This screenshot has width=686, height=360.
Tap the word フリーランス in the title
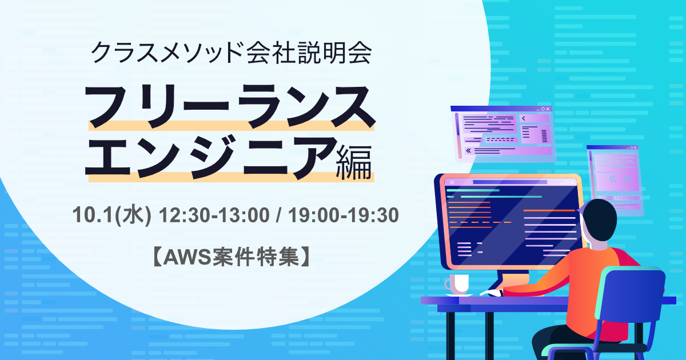(230, 106)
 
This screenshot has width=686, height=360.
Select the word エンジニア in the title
(212, 157)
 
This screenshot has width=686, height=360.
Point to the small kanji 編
(354, 162)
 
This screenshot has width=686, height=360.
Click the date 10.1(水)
(112, 215)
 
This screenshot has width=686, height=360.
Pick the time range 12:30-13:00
(214, 215)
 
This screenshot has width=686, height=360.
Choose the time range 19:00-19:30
(344, 215)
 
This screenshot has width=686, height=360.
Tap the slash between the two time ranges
(279, 215)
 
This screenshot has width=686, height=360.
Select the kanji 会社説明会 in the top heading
(309, 53)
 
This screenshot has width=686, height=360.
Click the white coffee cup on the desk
(457, 285)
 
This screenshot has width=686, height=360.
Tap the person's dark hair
(598, 219)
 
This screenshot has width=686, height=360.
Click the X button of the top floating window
(548, 109)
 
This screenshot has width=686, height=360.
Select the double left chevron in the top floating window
(468, 151)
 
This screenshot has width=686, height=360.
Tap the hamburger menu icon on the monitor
(452, 182)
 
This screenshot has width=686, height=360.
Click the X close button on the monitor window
(572, 182)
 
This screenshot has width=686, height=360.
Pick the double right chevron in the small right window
(627, 179)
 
